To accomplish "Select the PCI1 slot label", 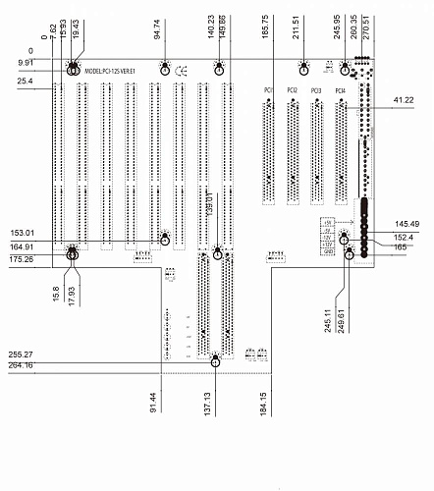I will (268, 90).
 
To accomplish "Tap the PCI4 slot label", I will (340, 90).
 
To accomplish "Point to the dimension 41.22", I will (404, 100).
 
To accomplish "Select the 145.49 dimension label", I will (407, 224).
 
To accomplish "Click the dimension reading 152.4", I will (405, 237).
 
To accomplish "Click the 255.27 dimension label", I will (21, 354).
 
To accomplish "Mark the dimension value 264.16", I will (21, 365).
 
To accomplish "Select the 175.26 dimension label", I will (21, 259).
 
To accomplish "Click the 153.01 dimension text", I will (23, 233).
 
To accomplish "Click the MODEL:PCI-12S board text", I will (109, 72).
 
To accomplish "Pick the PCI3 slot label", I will (315, 90).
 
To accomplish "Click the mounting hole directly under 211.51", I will (304, 69).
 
